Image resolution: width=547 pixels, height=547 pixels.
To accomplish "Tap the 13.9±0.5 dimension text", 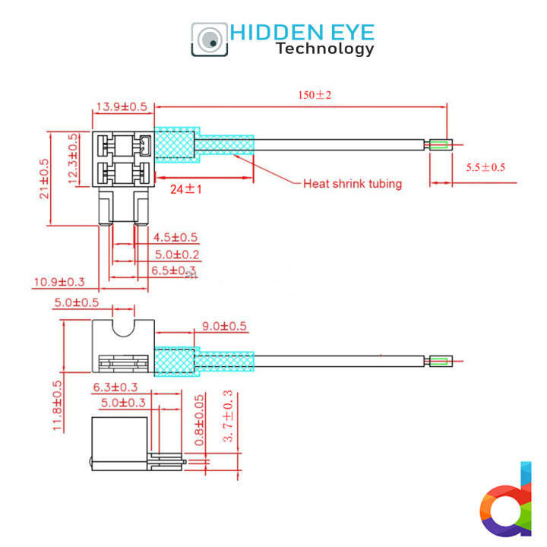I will (x=121, y=107).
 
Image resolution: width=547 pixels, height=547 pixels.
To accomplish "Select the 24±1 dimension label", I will (x=185, y=189).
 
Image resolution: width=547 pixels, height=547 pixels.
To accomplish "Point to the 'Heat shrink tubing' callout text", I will (x=353, y=184).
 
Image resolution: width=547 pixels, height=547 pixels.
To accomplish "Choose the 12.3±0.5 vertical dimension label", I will (x=73, y=158).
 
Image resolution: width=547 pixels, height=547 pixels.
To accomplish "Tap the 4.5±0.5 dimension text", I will (x=175, y=238).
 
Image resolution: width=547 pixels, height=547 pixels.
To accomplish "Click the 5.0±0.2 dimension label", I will (x=177, y=255).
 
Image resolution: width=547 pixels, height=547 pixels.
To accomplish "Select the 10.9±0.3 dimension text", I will (x=59, y=283).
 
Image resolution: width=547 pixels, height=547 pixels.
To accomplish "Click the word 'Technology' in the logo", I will (x=325, y=49).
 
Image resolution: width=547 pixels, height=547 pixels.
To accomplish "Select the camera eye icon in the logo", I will (x=209, y=39).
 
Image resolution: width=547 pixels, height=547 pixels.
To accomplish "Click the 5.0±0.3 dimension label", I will (x=122, y=403).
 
